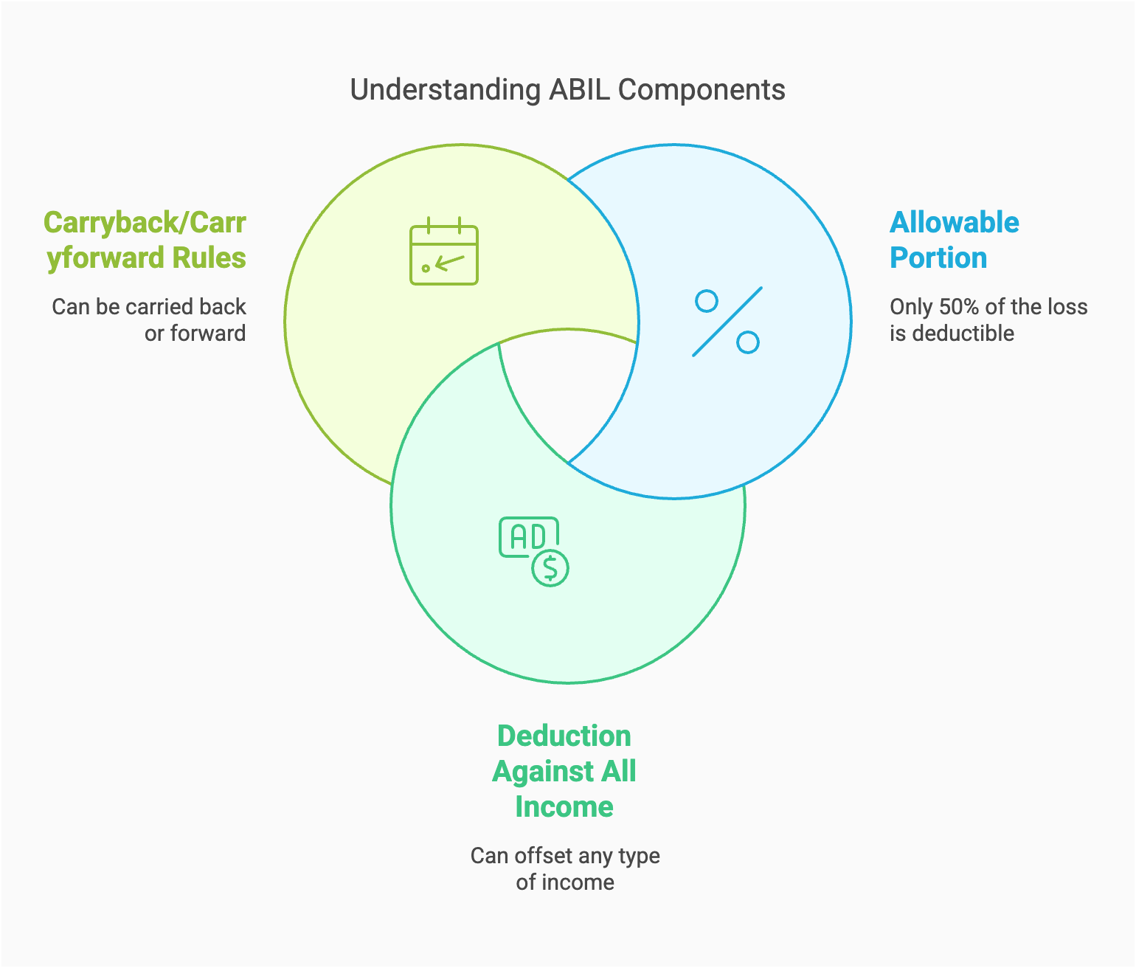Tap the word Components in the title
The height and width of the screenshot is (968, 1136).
[702, 90]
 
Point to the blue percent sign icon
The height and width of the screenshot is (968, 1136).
[727, 322]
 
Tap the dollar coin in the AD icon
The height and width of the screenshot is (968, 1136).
[550, 567]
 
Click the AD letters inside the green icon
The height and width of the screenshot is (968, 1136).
[528, 537]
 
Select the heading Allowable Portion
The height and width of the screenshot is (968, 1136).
[954, 240]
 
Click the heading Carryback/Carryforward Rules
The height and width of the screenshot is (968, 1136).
[145, 240]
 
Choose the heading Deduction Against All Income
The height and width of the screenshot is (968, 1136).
[564, 771]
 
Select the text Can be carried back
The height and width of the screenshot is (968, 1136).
[149, 307]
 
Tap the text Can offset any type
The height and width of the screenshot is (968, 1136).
[565, 856]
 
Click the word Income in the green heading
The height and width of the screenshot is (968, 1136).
[564, 806]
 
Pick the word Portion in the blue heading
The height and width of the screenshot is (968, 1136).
[938, 258]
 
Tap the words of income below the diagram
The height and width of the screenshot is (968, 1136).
[565, 882]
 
